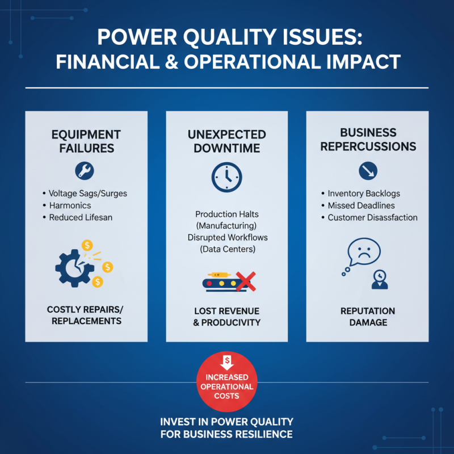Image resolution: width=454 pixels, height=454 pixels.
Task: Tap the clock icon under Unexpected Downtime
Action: [226, 177]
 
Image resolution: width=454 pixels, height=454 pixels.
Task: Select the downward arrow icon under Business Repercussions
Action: [367, 170]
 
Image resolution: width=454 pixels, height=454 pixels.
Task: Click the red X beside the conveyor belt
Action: [245, 282]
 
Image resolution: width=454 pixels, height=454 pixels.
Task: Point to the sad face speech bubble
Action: [363, 251]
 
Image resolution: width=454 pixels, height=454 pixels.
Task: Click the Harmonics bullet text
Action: [70, 205]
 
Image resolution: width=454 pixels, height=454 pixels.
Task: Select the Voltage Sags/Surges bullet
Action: [88, 194]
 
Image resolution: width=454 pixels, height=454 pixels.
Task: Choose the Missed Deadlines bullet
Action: [361, 205]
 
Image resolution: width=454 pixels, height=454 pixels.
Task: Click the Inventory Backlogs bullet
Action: [364, 194]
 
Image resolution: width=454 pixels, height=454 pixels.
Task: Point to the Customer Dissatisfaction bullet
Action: [372, 217]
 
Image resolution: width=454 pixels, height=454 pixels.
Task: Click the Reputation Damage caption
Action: [368, 317]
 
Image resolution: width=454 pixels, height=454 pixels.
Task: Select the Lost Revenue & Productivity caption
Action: [226, 317]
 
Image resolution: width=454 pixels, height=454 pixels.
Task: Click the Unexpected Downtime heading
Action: [226, 141]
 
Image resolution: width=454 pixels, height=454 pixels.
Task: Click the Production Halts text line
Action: [226, 215]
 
